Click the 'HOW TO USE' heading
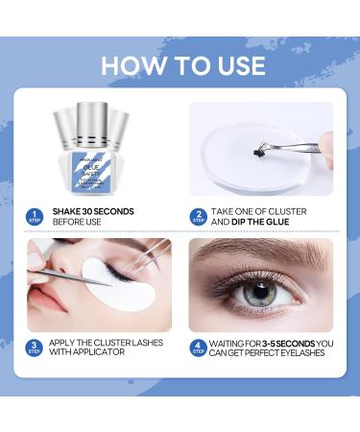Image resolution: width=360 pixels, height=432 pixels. pos(181,65)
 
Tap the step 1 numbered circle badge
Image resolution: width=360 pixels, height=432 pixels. pos(35,216)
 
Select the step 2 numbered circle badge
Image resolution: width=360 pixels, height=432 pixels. pos(198,216)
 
